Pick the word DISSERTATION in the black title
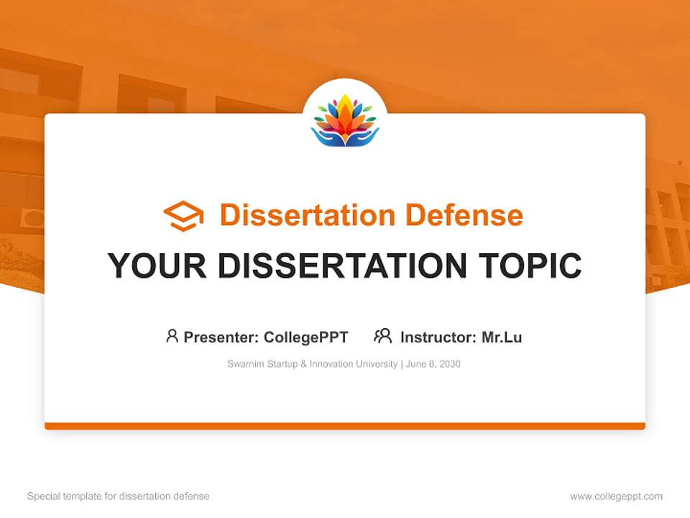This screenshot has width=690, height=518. coord(341,266)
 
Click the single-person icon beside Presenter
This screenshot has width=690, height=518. coord(172,336)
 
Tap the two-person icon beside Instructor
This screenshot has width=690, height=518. coord(382,336)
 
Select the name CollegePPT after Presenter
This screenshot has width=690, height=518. coord(305,337)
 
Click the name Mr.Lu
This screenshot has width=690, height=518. coord(502,337)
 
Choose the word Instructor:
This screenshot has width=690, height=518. coord(438,337)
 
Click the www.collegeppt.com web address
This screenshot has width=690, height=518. coord(616,496)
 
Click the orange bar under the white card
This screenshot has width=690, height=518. coord(345,426)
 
